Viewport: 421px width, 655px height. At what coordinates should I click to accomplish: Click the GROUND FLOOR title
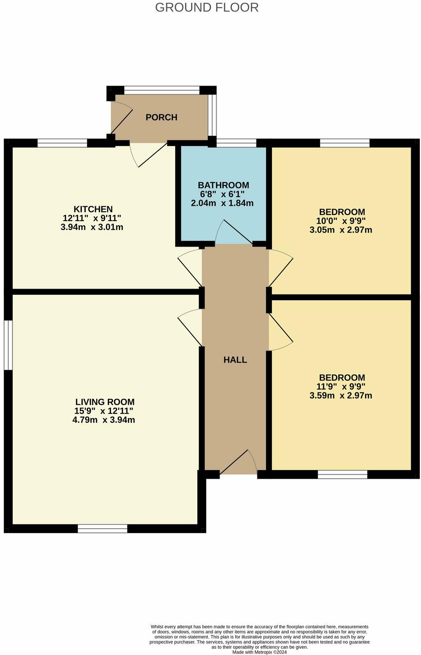coord(207,7)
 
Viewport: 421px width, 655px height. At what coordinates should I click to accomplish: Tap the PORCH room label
coord(161,117)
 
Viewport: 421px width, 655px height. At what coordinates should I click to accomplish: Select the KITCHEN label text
coord(93,209)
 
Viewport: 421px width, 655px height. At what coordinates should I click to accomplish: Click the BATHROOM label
coord(223,185)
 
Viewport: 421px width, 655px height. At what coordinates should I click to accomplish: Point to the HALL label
coord(235,360)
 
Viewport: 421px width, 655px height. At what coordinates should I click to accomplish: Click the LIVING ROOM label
coord(105,402)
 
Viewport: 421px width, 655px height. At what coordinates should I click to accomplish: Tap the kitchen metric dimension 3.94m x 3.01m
coord(92,227)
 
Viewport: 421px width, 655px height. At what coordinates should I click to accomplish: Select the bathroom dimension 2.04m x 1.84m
coord(222,203)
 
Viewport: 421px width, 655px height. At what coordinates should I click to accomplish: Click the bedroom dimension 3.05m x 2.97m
coord(341,230)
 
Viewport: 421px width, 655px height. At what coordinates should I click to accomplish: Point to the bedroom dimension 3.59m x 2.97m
coord(341,396)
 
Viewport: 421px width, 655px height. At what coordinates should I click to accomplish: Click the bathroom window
coord(236,143)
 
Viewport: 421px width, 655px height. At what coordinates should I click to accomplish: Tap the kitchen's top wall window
coord(62,143)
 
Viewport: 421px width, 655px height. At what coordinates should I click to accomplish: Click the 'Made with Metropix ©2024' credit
coord(259,652)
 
